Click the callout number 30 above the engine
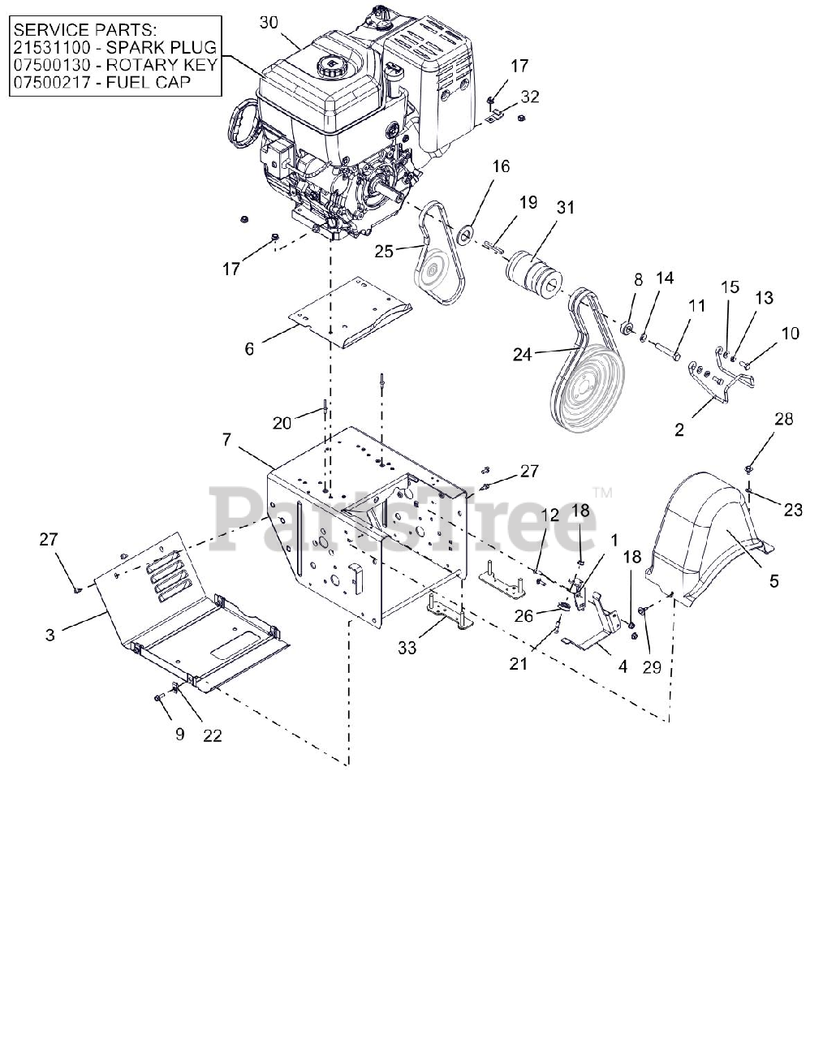click(269, 23)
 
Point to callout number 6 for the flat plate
click(249, 348)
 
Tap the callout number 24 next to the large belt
click(522, 354)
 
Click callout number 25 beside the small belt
click(383, 252)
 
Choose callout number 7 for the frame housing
click(227, 439)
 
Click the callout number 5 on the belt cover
click(773, 580)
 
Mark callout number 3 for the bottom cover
click(50, 634)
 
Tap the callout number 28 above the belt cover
click(783, 420)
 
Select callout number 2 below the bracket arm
click(679, 430)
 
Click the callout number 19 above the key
click(528, 202)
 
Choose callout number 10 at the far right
click(790, 333)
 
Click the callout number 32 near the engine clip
click(529, 97)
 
